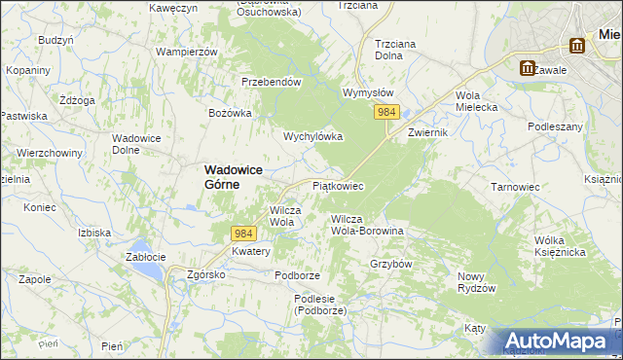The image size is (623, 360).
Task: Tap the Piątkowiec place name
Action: pos(338,185)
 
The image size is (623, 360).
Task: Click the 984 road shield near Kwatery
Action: pos(244,234)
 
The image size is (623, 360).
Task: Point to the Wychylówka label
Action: pos(312,137)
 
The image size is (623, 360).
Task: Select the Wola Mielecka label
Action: pos(470,101)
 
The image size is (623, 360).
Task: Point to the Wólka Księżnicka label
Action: pos(558,246)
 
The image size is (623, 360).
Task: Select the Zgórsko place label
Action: pos(206,275)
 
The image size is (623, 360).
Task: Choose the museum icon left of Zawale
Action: pos(528,68)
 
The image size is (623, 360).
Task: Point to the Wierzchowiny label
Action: pos(47,153)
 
